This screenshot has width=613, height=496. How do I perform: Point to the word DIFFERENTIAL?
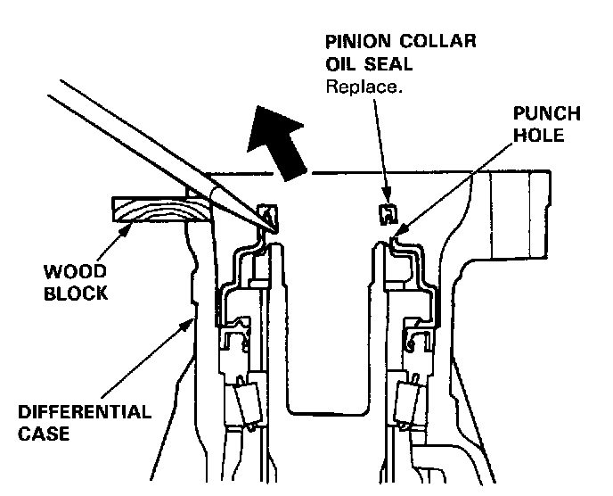coord(84,414)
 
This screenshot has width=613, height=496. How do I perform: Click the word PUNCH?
coord(546,114)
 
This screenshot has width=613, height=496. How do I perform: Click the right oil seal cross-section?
coord(386,212)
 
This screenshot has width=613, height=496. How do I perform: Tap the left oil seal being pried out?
coord(266,214)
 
